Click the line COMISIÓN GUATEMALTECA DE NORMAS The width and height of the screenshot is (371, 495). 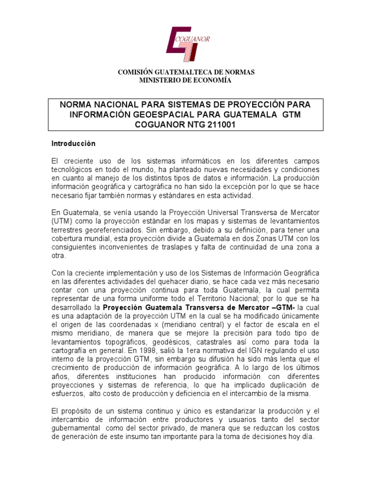186,72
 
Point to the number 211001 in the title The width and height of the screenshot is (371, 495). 221,124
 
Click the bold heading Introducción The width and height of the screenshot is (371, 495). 73,144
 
